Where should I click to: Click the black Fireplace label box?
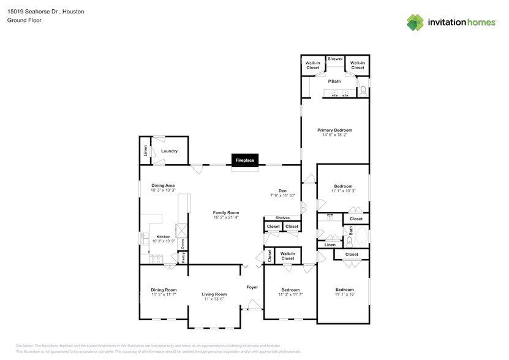(x=244, y=160)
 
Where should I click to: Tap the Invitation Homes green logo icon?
(x=416, y=23)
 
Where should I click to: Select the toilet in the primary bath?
(x=363, y=92)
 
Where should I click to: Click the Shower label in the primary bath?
(x=335, y=59)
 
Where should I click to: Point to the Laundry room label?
(x=169, y=151)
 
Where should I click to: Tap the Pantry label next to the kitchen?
(x=182, y=258)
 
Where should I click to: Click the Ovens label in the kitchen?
(x=182, y=244)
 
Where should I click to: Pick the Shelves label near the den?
(x=282, y=217)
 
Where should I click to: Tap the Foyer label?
(x=252, y=287)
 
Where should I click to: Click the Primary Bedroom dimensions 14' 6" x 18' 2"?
(x=334, y=135)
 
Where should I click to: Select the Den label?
(x=282, y=190)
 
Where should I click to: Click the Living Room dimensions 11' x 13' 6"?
(x=214, y=299)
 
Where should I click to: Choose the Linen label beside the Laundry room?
(x=145, y=150)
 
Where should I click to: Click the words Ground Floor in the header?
(x=23, y=20)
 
